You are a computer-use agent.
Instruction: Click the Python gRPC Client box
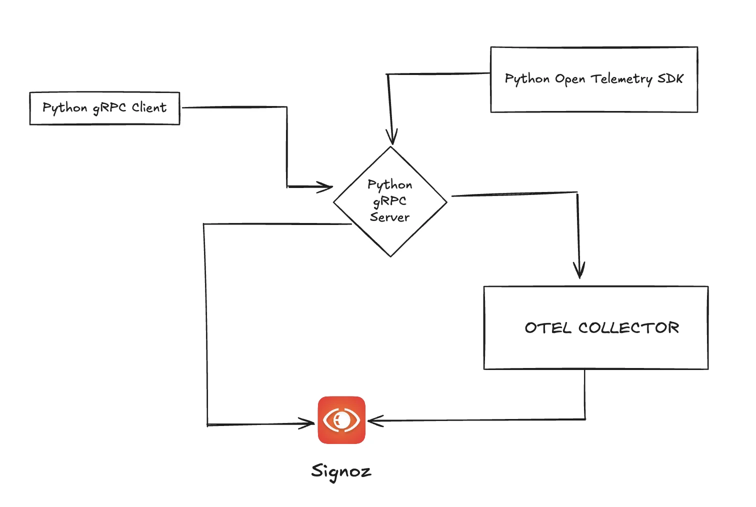pos(104,108)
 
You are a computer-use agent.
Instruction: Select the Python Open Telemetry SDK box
pos(594,79)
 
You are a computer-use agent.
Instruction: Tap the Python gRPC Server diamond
pos(390,201)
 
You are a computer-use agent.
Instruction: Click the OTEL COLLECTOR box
pos(596,328)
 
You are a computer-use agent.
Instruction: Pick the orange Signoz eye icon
pos(342,420)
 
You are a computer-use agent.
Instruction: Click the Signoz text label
pos(341,471)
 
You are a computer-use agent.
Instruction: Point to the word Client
pos(149,107)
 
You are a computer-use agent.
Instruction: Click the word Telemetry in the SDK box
pos(621,79)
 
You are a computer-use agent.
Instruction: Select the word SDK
pos(670,78)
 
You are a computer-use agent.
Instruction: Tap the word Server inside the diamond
pos(389,217)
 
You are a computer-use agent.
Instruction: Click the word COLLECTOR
pos(629,328)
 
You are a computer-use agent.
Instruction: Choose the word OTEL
pos(547,328)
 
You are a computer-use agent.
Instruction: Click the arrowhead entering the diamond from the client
pos(326,187)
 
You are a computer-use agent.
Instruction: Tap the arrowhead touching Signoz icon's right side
pos(374,420)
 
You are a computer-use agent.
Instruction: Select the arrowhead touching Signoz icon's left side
pos(308,423)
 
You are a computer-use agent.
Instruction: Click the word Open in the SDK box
pos(570,79)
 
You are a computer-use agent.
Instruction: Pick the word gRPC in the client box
pos(109,108)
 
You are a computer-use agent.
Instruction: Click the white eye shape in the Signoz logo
pos(342,420)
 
